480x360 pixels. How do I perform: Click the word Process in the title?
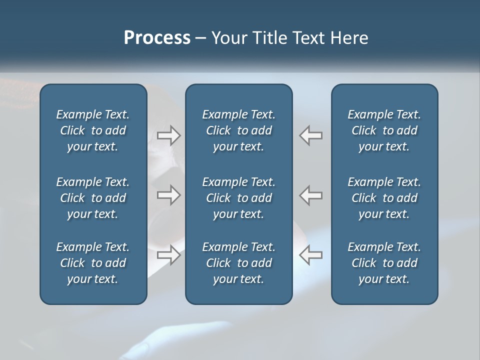[x=157, y=38]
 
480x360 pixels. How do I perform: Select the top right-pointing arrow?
[x=169, y=135]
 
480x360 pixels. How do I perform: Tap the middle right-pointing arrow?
[x=169, y=195]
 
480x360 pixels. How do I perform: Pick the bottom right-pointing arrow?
[x=169, y=255]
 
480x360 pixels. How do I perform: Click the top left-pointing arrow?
[x=310, y=135]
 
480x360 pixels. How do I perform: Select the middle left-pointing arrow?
[x=310, y=195]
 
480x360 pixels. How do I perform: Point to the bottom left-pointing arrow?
[x=310, y=255]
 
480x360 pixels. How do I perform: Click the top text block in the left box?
[x=93, y=130]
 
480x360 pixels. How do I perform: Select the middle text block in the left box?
[x=93, y=198]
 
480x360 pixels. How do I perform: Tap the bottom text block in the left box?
[x=93, y=263]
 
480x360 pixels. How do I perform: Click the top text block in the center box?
[x=238, y=130]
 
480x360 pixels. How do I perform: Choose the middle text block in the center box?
[x=238, y=198]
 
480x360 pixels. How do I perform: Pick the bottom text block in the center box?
[x=238, y=263]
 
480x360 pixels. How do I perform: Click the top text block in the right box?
[x=384, y=130]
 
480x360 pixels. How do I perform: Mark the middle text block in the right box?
[x=384, y=198]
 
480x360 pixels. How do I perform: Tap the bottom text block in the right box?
[x=384, y=263]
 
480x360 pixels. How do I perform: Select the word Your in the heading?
[x=229, y=38]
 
